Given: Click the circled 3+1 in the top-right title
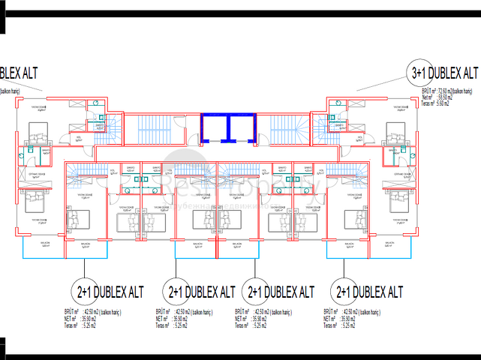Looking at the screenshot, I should tap(418, 73).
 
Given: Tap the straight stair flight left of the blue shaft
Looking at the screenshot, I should tap(154, 125).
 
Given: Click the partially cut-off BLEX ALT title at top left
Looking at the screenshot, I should tap(18, 73).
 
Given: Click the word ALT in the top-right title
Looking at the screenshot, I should tap(470, 73).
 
